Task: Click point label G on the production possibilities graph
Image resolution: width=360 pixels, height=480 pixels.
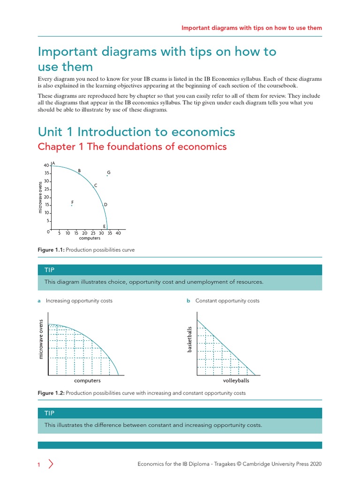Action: click(108, 172)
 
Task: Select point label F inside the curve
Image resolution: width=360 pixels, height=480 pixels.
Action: click(72, 202)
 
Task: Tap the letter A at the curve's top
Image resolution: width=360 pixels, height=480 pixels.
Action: click(53, 163)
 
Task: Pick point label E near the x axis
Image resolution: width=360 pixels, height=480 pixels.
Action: click(104, 226)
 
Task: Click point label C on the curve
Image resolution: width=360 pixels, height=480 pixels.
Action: click(96, 186)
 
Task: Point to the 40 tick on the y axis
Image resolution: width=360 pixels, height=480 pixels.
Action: click(46, 165)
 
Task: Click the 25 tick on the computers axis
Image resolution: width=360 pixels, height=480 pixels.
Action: click(93, 233)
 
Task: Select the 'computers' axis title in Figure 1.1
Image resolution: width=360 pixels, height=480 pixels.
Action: click(90, 238)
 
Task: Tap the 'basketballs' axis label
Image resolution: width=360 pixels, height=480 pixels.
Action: click(190, 340)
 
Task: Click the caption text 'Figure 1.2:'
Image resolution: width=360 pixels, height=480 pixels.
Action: click(51, 393)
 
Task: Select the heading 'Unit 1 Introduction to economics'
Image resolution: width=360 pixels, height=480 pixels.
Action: click(136, 132)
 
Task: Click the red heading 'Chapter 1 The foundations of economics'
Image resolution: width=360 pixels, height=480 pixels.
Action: click(132, 147)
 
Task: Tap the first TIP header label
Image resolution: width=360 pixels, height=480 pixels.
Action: click(49, 270)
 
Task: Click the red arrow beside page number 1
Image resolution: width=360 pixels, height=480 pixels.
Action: click(51, 464)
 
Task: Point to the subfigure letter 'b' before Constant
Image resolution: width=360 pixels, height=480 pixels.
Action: click(188, 301)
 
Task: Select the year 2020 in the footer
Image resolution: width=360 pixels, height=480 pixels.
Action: click(315, 464)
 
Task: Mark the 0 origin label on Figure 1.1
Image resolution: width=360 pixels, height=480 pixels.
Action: click(48, 232)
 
